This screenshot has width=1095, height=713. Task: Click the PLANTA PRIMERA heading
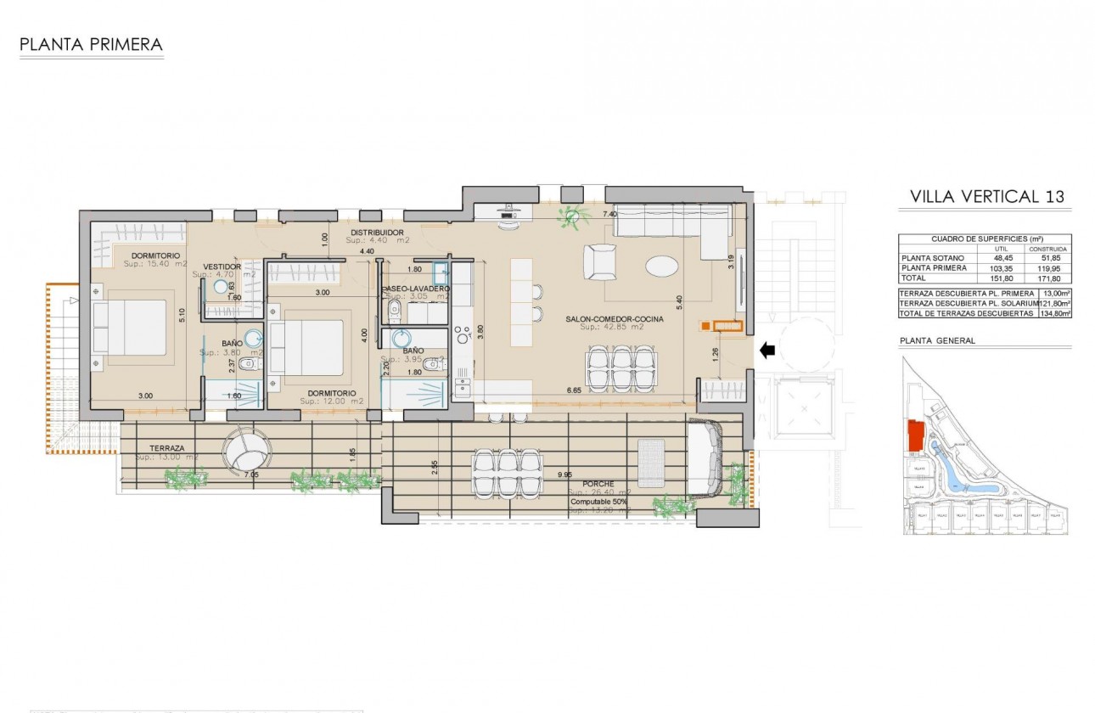91,44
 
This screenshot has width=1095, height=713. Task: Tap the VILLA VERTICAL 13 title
986,197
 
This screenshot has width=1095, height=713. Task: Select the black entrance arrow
766,350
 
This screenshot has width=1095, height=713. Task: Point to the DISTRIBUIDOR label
378,233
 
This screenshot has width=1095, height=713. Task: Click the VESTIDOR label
223,267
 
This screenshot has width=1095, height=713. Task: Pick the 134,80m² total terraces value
1056,313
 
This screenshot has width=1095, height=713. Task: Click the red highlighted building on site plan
916,435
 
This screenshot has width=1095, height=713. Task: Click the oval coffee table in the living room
662,267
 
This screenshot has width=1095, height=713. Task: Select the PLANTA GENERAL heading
937,340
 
